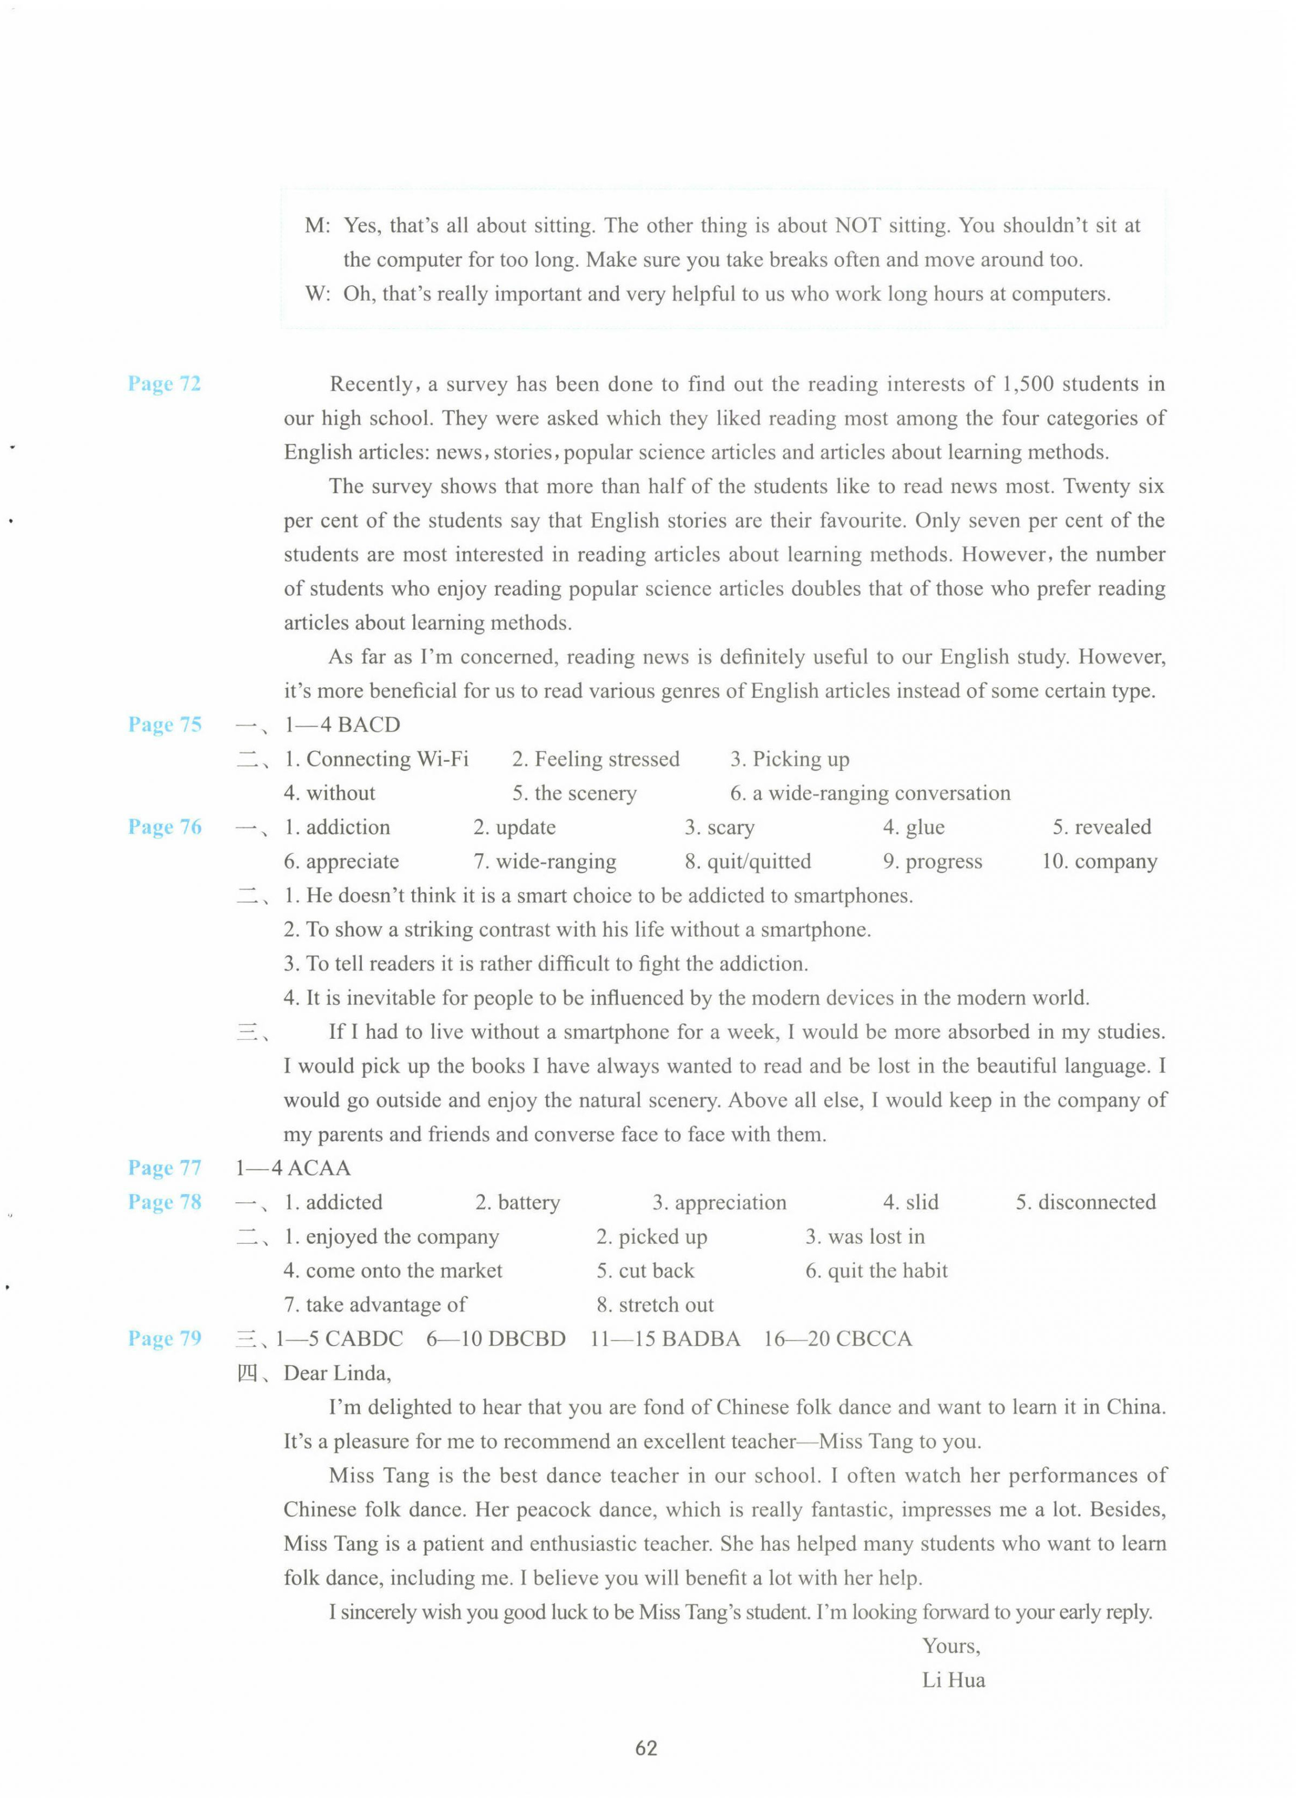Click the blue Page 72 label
tap(164, 384)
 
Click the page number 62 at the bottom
tap(646, 1748)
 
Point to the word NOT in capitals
tap(858, 226)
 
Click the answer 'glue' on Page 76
tap(924, 828)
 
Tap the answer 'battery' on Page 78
tap(528, 1203)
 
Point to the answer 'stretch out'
tap(666, 1305)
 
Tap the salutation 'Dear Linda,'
tap(337, 1373)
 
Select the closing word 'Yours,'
tap(950, 1646)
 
